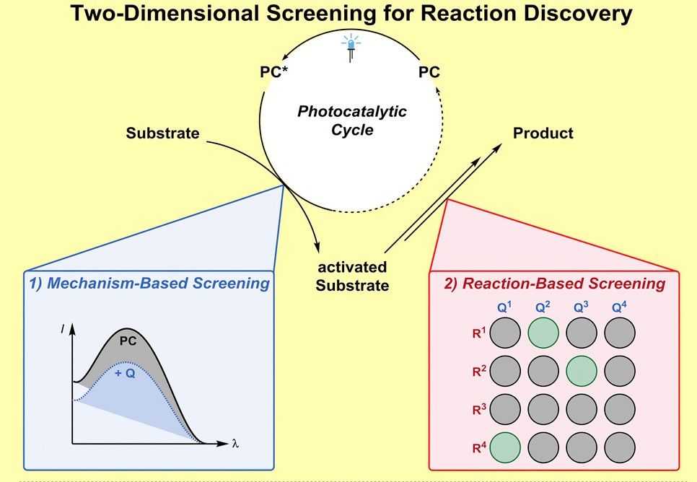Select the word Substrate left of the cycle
[162, 133]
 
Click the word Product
[543, 133]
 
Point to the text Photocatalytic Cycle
[352, 120]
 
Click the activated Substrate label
[352, 276]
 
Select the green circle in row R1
[543, 333]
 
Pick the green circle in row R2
[582, 371]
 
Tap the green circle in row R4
[505, 448]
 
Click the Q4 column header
[619, 307]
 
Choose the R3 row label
[479, 409]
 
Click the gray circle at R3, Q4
[620, 409]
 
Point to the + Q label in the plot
[125, 373]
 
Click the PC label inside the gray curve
[128, 341]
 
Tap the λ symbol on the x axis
[235, 443]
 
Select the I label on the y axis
[63, 330]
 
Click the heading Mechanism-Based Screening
[149, 284]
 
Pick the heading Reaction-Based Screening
[554, 284]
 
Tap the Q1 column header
[504, 307]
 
